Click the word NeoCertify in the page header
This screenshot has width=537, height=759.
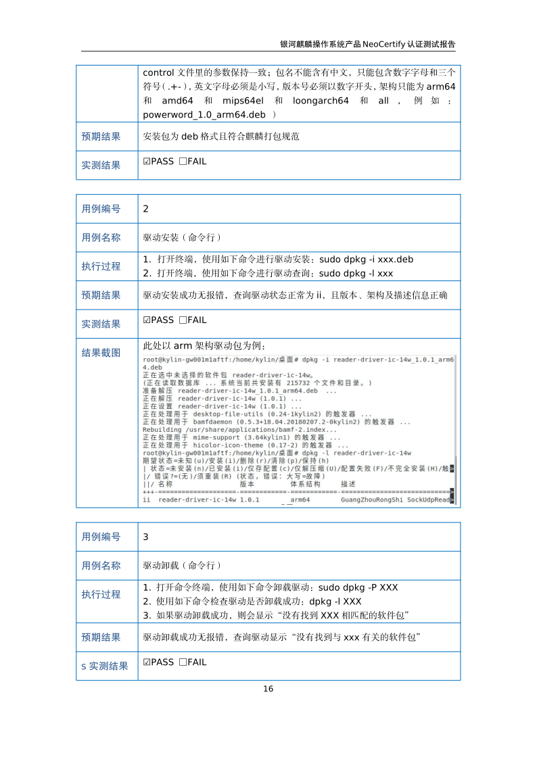click(383, 45)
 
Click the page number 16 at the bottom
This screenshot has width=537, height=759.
click(268, 689)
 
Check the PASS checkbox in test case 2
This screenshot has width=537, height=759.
click(147, 320)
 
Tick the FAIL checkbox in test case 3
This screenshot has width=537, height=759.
click(183, 662)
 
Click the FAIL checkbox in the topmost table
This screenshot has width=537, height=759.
click(183, 162)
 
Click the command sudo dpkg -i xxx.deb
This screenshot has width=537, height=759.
click(366, 260)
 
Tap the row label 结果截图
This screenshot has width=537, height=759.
click(101, 353)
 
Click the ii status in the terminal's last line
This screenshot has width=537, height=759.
click(147, 499)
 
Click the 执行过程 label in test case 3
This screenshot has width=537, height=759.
click(101, 594)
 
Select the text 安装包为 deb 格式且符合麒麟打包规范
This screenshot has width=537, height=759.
click(221, 136)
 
